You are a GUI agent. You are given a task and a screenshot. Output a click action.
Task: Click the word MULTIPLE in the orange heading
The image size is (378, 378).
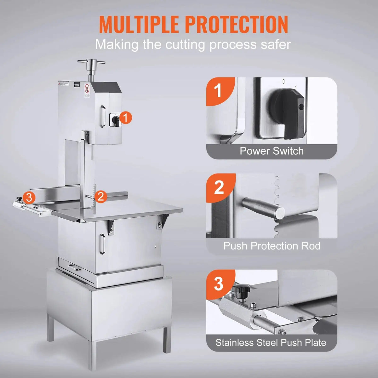pyautogui.click(x=139, y=24)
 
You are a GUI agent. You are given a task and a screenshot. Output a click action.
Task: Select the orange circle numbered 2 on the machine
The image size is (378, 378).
pyautogui.click(x=100, y=197)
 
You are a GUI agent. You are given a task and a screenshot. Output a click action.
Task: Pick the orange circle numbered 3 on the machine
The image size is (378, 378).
pyautogui.click(x=29, y=198)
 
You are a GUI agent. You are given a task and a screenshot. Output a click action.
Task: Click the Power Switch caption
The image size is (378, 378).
pyautogui.click(x=272, y=151)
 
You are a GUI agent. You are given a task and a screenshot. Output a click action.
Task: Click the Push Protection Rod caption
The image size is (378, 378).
pyautogui.click(x=272, y=246)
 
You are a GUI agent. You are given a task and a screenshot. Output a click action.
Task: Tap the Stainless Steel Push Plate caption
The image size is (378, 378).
pyautogui.click(x=271, y=342)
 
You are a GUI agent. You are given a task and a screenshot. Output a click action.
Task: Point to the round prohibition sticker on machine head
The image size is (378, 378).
pyautogui.click(x=87, y=88)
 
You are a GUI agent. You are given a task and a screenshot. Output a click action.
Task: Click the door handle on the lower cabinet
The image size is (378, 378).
pyautogui.click(x=102, y=244)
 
